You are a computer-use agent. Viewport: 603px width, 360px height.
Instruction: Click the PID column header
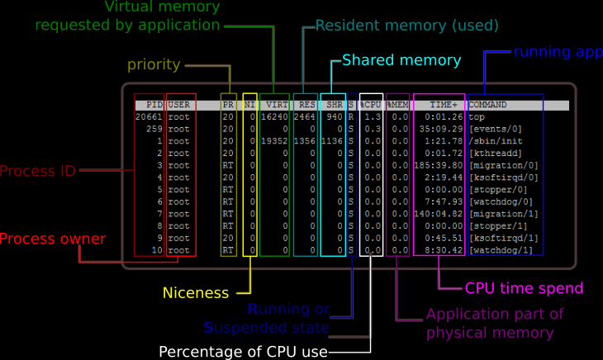154,106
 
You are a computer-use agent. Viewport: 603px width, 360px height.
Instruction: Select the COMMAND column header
487,106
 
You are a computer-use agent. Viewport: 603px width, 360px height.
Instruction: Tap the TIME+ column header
444,106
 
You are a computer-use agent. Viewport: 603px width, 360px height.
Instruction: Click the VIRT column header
275,106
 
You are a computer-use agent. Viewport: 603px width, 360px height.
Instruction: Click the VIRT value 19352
273,141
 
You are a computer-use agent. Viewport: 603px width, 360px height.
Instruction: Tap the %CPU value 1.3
373,117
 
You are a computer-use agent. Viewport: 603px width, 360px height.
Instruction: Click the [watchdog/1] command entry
501,250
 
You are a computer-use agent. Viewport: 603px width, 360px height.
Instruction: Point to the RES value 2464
305,117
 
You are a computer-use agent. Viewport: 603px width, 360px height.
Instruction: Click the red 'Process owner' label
53,239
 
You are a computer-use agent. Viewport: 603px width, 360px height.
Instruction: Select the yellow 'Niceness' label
195,292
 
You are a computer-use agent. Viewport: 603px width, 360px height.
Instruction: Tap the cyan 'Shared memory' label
401,60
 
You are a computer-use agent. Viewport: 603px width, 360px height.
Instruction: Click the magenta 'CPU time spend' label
524,288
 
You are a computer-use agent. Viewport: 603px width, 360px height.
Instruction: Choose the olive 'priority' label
154,64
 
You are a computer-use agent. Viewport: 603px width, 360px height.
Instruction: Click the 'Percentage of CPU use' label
243,352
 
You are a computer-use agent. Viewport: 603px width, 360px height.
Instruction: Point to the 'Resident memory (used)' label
406,26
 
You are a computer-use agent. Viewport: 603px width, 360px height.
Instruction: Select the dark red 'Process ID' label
38,172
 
